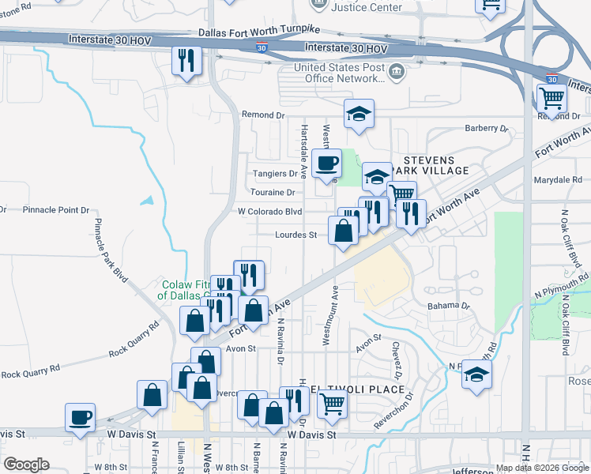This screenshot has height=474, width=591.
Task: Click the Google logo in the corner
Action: click(26, 465)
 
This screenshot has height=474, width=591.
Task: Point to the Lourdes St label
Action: click(295, 235)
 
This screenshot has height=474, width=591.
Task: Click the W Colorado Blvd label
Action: click(270, 212)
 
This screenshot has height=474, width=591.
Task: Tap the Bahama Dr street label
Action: click(448, 305)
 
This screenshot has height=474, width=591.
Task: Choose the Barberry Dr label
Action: click(487, 128)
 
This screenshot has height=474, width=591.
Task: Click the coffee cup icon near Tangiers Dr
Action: click(326, 164)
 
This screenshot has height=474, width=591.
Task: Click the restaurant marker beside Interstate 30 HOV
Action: click(186, 62)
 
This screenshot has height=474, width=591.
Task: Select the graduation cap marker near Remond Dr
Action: click(359, 115)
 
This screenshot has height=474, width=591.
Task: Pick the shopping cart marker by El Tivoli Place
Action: click(333, 404)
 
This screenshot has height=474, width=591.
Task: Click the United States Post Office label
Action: click(344, 73)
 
